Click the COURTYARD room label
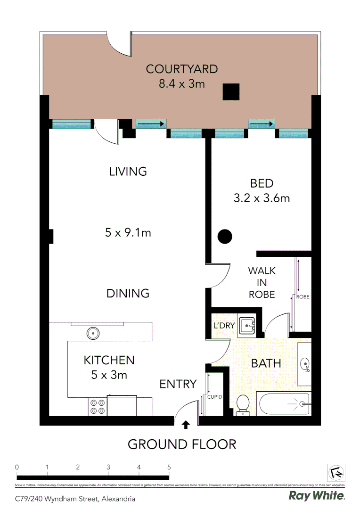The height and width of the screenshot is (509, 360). click(x=181, y=69)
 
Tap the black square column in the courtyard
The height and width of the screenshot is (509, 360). click(x=231, y=92)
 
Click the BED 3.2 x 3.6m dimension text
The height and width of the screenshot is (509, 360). click(x=262, y=198)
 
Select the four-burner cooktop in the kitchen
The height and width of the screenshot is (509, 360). click(x=98, y=406)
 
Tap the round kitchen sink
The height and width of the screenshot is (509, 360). click(x=93, y=333)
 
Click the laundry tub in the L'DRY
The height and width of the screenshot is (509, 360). click(x=247, y=325)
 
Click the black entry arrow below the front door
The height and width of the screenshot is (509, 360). click(x=186, y=425)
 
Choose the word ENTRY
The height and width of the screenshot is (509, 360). click(x=178, y=384)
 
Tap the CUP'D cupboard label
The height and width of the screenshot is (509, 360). click(x=214, y=397)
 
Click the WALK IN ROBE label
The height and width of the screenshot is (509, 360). click(x=262, y=282)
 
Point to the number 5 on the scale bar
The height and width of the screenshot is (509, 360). click(x=169, y=467)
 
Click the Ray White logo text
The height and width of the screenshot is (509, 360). click(x=316, y=495)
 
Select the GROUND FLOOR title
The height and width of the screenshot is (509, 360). click(x=182, y=444)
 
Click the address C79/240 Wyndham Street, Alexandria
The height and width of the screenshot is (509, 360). click(x=75, y=498)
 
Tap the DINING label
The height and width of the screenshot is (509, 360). click(x=128, y=293)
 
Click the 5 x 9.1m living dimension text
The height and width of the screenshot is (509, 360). click(x=128, y=232)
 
